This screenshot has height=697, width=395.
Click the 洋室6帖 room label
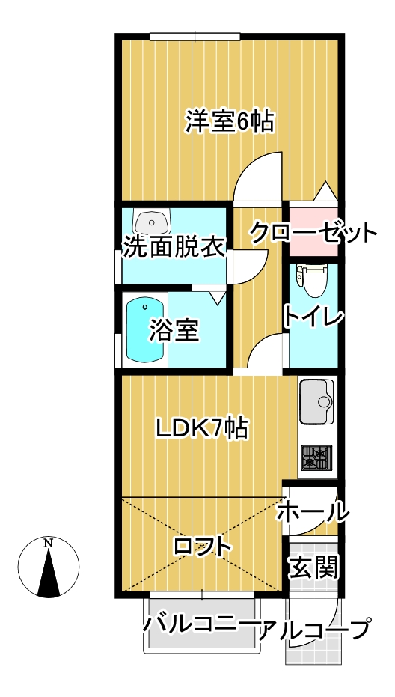click(x=229, y=121)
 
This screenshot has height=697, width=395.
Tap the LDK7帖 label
click(x=201, y=429)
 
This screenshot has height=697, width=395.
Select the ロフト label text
click(x=203, y=547)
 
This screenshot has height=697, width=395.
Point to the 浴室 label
click(x=174, y=330)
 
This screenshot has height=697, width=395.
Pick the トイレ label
click(x=314, y=317)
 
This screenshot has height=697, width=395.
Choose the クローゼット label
click(x=313, y=233)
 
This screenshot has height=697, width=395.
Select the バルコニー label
click(x=200, y=627)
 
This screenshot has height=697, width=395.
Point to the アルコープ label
click(x=314, y=629)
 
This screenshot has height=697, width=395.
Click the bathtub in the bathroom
click(x=145, y=330)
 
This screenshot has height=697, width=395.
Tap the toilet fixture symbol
click(x=313, y=281)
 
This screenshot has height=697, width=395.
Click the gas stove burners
click(x=316, y=457)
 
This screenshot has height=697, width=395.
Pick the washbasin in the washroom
click(x=152, y=220)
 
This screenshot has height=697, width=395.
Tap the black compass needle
click(x=49, y=573)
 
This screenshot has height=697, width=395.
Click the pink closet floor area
click(x=313, y=229)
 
